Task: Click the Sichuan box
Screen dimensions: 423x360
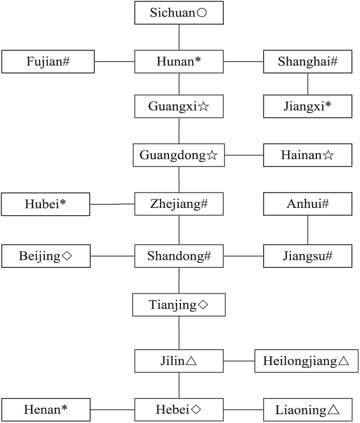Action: pos(179,13)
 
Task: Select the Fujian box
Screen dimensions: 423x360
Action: pos(48,62)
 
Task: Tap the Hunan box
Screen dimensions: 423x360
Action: pos(179,62)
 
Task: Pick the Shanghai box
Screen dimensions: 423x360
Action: pos(308,62)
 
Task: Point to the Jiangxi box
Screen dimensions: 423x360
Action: pos(308,106)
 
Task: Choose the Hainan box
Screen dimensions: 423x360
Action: pos(308,155)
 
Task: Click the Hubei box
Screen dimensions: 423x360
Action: pos(46,204)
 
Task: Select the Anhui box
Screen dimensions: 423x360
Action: pos(308,204)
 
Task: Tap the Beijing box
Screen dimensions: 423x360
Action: pos(46,256)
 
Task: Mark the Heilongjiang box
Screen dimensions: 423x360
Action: pos(306,361)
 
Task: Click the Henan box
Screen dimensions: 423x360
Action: pos(46,410)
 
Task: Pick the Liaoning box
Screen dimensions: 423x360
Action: pos(308,410)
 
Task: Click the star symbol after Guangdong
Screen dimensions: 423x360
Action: pos(212,156)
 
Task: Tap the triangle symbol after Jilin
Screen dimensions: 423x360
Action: pos(191,361)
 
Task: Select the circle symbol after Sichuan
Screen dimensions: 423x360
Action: pos(202,13)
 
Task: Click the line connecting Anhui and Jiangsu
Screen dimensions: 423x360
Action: pos(308,230)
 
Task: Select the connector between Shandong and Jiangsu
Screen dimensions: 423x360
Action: pos(244,256)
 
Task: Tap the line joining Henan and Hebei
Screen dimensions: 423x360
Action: pos(113,410)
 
